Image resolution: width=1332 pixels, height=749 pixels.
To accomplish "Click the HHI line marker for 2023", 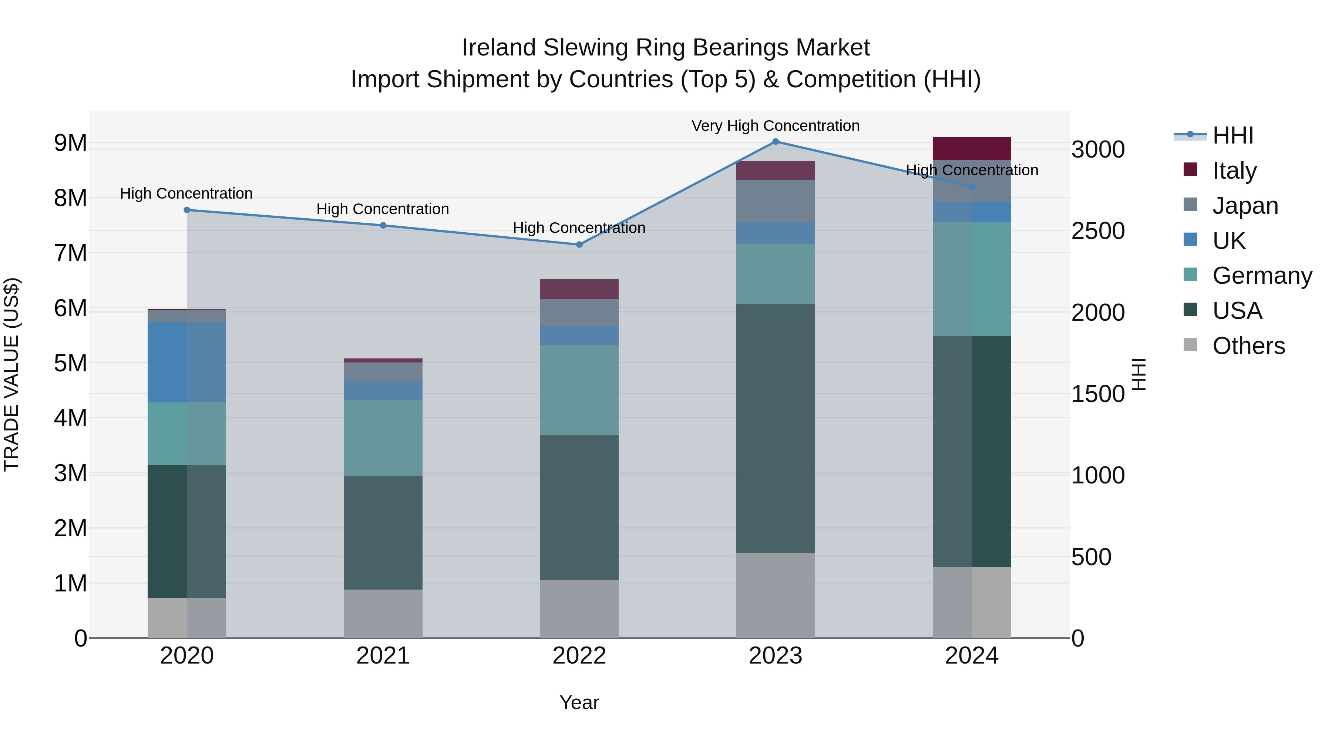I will click(x=775, y=142).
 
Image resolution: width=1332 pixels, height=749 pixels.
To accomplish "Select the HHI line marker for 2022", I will click(x=579, y=244).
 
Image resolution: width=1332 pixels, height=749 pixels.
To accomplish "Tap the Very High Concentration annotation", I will click(x=775, y=126).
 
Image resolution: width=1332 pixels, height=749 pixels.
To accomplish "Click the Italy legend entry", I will click(x=1234, y=170).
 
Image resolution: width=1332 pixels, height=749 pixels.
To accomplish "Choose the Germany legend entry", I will click(x=1262, y=276).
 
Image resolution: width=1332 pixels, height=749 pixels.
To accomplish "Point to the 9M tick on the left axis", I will click(x=70, y=143).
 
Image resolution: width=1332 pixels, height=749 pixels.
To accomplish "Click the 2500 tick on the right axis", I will click(x=1097, y=231).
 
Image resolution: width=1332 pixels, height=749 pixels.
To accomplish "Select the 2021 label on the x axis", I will click(x=383, y=656).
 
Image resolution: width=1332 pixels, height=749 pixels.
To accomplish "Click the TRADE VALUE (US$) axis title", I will click(x=12, y=374).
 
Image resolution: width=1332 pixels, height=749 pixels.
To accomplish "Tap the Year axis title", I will click(x=579, y=702).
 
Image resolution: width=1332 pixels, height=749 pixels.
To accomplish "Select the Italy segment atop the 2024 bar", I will click(x=972, y=148).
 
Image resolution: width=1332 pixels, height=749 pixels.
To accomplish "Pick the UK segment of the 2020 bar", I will click(x=187, y=362).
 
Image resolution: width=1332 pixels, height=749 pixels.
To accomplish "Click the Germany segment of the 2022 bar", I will click(x=579, y=390).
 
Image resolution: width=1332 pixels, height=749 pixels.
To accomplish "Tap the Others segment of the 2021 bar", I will click(x=383, y=614).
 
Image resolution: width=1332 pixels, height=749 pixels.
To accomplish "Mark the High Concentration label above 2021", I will click(x=383, y=209).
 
